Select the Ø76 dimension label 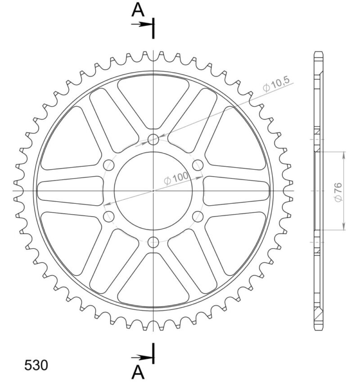339,191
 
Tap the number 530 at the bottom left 36,365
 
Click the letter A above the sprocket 138,10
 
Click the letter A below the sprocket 138,373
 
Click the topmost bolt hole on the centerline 153,139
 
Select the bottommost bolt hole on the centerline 153,242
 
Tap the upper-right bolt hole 198,165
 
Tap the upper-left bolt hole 109,165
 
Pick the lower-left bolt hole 109,217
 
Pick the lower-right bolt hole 198,217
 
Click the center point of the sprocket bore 153,191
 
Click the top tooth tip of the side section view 318,53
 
